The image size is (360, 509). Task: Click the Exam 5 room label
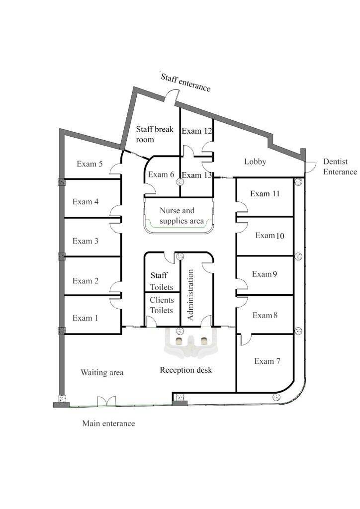90,164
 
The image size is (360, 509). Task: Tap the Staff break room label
155,134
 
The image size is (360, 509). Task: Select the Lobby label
255,162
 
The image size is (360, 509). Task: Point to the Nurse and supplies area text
181,216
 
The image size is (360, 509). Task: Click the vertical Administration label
190,295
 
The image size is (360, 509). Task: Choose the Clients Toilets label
162,305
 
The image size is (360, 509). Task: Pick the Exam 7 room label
267,361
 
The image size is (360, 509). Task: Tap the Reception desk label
185,370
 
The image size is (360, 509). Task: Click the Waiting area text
102,372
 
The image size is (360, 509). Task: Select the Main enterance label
108,424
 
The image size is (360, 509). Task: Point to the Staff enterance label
185,83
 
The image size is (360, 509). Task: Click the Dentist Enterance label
340,167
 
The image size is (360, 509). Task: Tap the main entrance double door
106,401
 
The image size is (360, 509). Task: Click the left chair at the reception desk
179,341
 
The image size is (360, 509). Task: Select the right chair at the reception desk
204,341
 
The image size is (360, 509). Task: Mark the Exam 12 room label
197,131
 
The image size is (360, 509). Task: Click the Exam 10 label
270,235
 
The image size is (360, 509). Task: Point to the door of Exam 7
246,339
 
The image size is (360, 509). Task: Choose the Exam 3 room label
86,241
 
